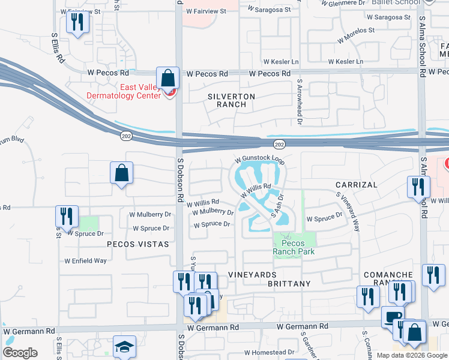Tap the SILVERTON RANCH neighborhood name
(231, 100)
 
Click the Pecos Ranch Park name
(294, 247)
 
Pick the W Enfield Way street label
(85, 261)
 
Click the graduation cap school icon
(124, 346)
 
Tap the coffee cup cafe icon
(393, 316)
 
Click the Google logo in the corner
(20, 353)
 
